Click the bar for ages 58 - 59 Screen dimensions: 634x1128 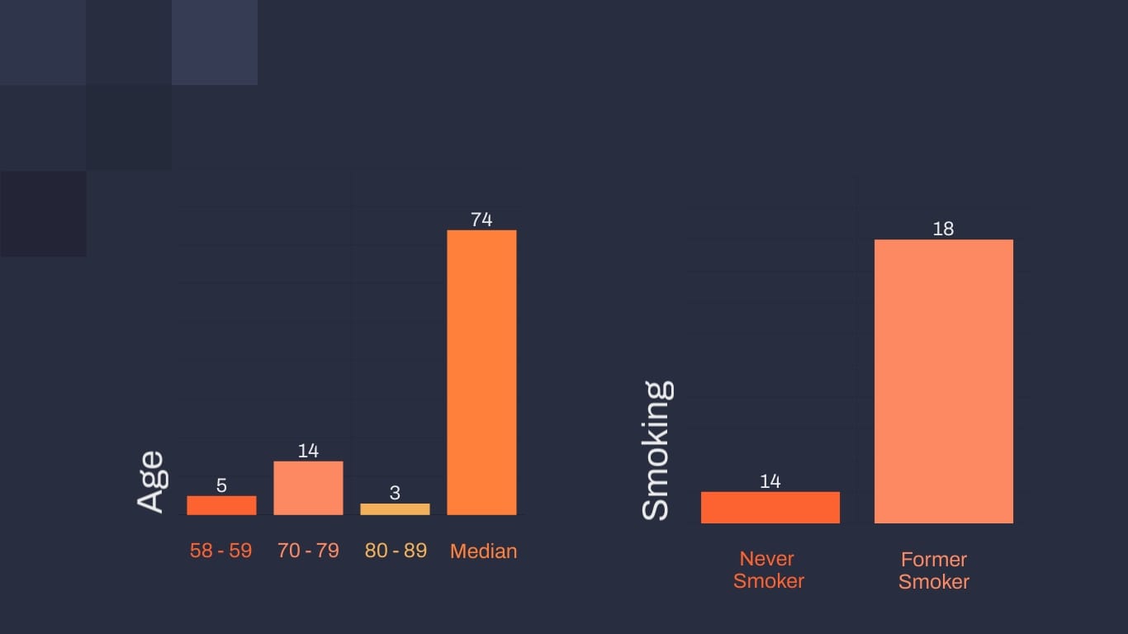pyautogui.click(x=221, y=505)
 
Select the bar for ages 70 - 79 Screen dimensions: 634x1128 pyautogui.click(x=308, y=488)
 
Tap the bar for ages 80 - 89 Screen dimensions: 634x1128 pyautogui.click(x=395, y=509)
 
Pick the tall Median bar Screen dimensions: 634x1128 pyautogui.click(x=481, y=372)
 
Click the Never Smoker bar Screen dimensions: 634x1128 pyautogui.click(x=770, y=508)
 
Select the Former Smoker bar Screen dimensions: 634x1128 pyautogui.click(x=943, y=381)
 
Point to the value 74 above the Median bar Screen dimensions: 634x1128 pyautogui.click(x=481, y=220)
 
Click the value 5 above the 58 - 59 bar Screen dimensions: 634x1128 pyautogui.click(x=221, y=485)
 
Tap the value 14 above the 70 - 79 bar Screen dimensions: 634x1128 pyautogui.click(x=308, y=451)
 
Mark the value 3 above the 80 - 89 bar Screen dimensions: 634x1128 pyautogui.click(x=395, y=494)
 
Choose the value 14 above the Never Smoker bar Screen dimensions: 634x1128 pyautogui.click(x=770, y=481)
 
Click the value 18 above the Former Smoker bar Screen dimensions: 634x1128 pyautogui.click(x=943, y=229)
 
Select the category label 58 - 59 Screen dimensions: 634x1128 pyautogui.click(x=220, y=551)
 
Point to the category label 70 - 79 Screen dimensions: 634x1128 pyautogui.click(x=308, y=551)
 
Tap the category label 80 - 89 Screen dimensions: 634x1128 pyautogui.click(x=396, y=551)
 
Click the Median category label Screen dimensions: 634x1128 pyautogui.click(x=483, y=551)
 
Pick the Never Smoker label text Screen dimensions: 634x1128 pyautogui.click(x=769, y=570)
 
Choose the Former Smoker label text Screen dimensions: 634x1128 pyautogui.click(x=934, y=570)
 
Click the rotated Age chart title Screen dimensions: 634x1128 pyautogui.click(x=150, y=482)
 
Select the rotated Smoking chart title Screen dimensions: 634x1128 pyautogui.click(x=656, y=450)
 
